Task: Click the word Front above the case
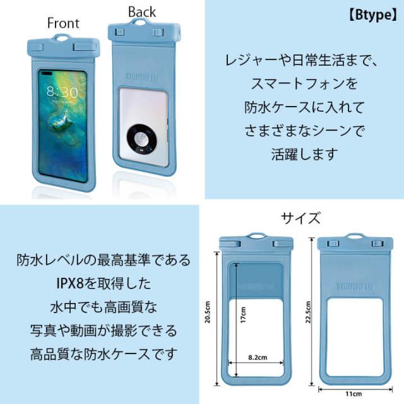tap(63, 23)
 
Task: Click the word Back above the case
tap(142, 12)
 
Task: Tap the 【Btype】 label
tap(373, 15)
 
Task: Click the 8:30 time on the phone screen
tap(62, 92)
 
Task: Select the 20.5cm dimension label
tap(208, 312)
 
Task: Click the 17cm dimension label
tap(243, 315)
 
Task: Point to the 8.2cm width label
tap(258, 357)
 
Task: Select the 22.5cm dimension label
tap(308, 312)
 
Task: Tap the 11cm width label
tap(353, 394)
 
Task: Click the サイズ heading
tap(300, 218)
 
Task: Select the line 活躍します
tap(304, 154)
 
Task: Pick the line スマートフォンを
tap(304, 83)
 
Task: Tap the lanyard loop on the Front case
tap(62, 38)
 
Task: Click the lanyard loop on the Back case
tap(141, 21)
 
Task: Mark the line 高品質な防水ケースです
tap(104, 354)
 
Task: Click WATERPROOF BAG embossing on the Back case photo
tap(143, 77)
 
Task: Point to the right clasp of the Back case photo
tap(158, 33)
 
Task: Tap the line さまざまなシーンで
tap(304, 131)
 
